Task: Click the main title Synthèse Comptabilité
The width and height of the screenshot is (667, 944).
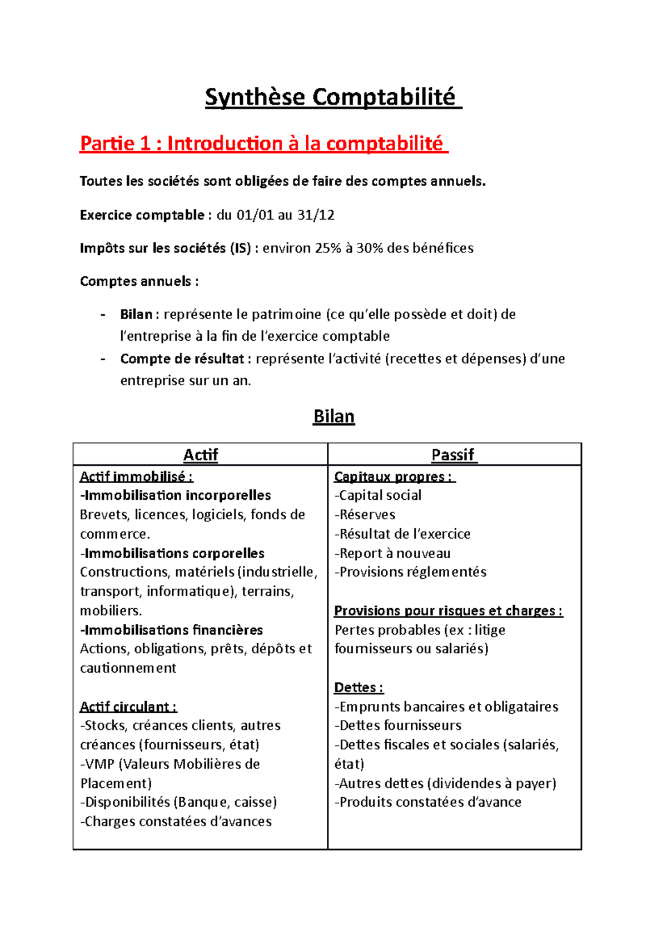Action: (332, 97)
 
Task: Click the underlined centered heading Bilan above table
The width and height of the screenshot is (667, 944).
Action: (333, 416)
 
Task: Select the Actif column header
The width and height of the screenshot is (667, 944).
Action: (200, 455)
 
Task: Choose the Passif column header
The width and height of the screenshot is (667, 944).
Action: (454, 455)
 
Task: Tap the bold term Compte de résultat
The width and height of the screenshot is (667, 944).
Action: (182, 359)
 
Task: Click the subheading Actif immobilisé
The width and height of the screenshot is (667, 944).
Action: (136, 476)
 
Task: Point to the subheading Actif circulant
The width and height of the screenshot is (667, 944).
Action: (128, 707)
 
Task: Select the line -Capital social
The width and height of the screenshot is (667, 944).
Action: (378, 495)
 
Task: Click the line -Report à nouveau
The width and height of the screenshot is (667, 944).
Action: (392, 553)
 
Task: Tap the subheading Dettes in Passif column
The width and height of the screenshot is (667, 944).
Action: (358, 688)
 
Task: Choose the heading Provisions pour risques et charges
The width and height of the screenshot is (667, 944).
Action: (448, 611)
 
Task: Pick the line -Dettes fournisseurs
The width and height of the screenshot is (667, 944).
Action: (398, 726)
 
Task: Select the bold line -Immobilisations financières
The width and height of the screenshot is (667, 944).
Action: (172, 630)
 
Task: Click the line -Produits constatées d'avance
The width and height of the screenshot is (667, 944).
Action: (428, 802)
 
